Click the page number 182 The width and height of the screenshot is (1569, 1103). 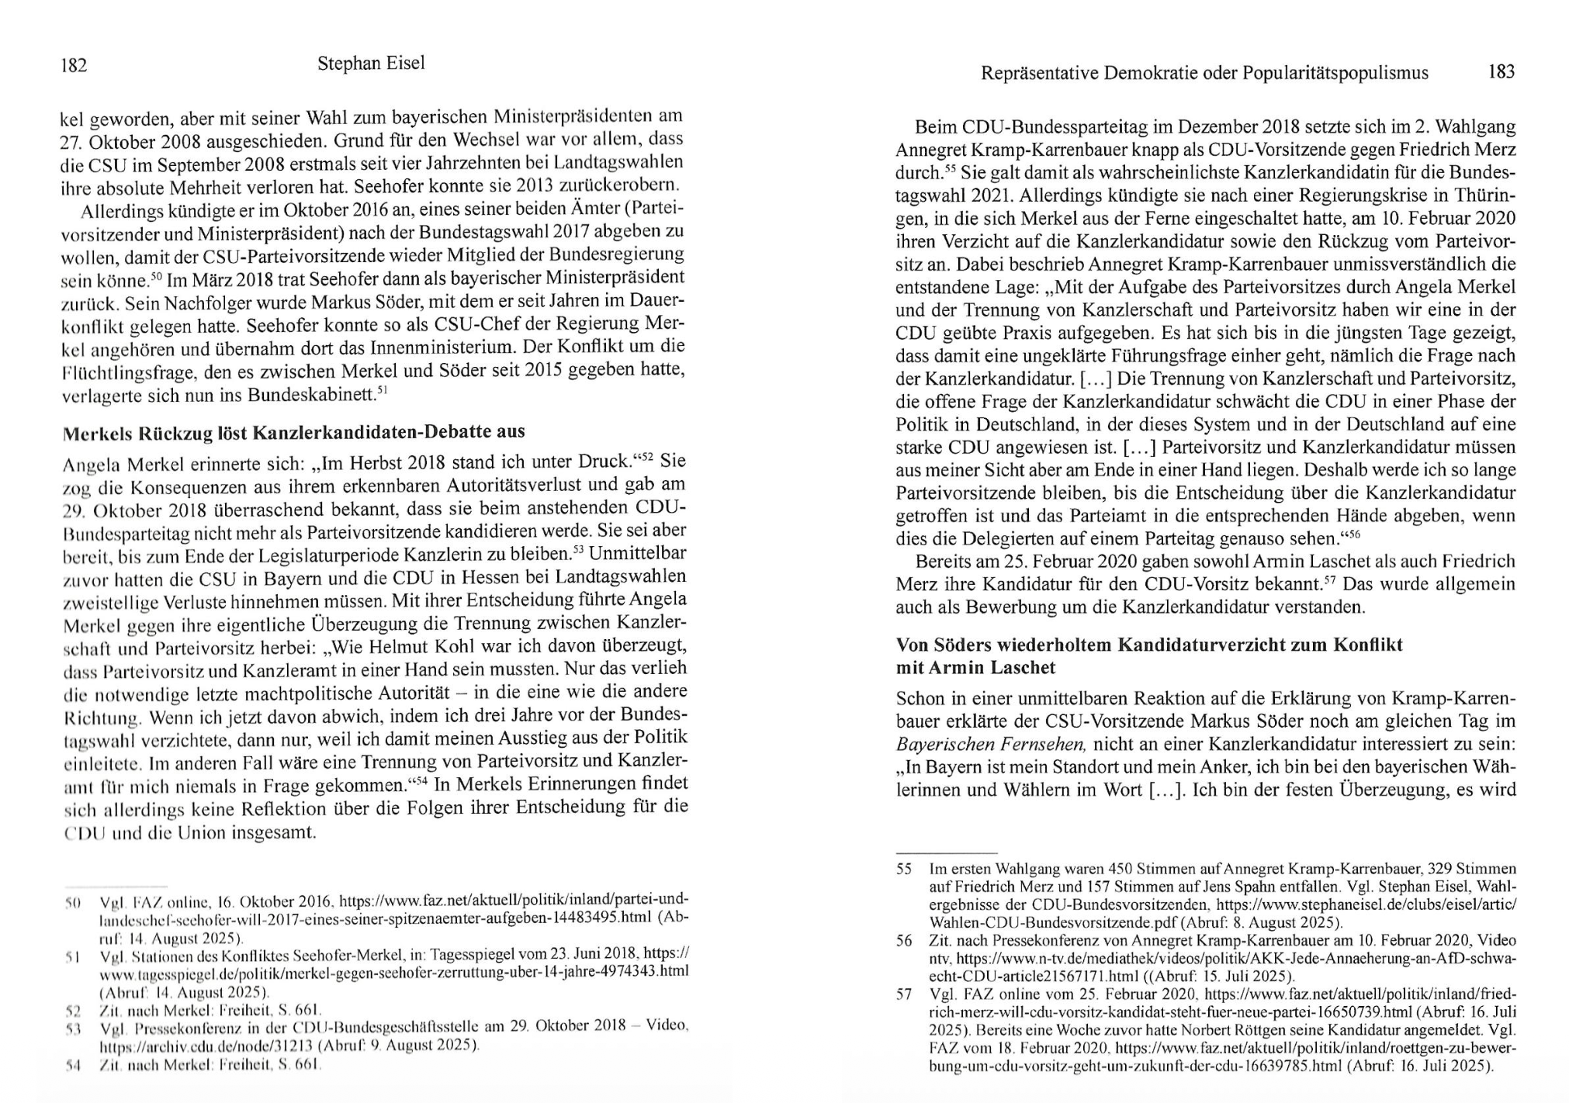tap(74, 66)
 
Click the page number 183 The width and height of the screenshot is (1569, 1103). tap(1501, 72)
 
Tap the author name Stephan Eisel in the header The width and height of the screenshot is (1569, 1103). tap(371, 64)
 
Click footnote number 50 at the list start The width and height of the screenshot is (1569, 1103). tap(73, 903)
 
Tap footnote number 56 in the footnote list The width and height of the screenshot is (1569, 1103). tap(904, 941)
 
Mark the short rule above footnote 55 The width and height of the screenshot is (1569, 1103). tap(946, 852)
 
